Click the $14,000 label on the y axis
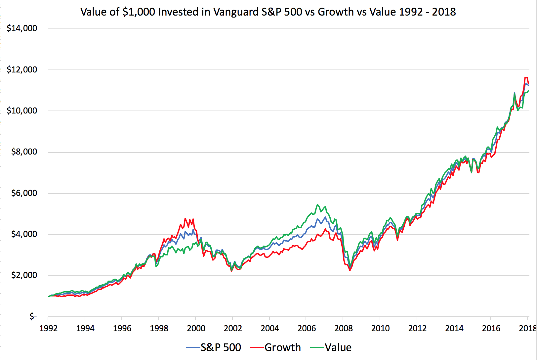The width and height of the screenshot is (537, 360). pos(22,28)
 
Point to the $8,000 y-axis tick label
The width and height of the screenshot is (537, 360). pos(24,152)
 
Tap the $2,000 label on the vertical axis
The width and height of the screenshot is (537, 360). pos(24,275)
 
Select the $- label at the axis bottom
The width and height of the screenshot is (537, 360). pos(33,317)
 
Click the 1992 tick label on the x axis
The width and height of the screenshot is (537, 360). pos(48,329)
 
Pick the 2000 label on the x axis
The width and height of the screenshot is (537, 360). pos(196,329)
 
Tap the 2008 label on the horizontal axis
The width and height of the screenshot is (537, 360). pos(344,329)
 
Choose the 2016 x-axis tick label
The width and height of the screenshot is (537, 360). pos(491,329)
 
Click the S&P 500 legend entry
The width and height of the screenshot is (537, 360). pos(221,347)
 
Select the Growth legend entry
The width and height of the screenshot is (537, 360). pos(283,347)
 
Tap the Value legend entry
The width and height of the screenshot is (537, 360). pos(338,347)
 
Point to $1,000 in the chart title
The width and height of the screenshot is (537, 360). pos(139,12)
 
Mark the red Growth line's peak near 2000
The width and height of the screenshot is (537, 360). pos(185,218)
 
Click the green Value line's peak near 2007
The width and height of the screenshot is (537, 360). pos(317,204)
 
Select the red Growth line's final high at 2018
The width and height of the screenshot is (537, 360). pos(526,77)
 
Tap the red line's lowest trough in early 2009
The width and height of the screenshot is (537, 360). pos(350,271)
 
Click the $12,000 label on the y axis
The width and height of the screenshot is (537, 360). pos(22,70)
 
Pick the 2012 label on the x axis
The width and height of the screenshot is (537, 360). pos(417,329)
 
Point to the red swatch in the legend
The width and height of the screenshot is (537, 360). pos(257,347)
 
